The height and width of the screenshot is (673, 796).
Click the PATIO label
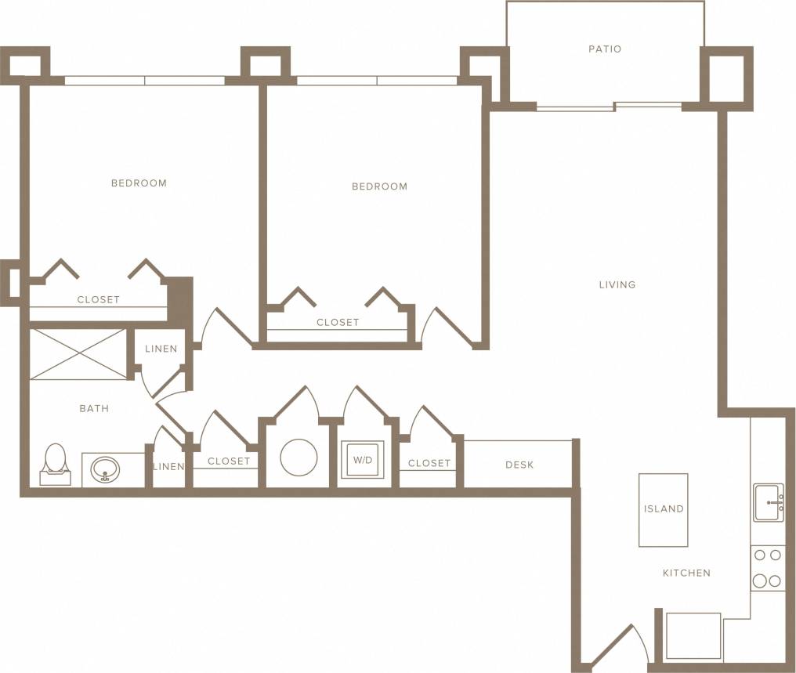[x=604, y=49]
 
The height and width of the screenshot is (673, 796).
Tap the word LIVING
[x=617, y=284]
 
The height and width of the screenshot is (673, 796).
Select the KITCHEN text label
[x=686, y=573]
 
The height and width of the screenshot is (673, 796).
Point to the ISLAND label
[x=664, y=509]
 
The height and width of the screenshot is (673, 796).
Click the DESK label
[x=519, y=465]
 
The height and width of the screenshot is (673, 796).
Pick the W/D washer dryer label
[x=363, y=460]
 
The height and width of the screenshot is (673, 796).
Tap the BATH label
[x=94, y=408]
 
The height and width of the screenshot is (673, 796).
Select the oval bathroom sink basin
[x=105, y=470]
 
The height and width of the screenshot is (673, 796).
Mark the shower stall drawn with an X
[x=78, y=354]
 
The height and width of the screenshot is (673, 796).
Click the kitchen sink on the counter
[x=767, y=502]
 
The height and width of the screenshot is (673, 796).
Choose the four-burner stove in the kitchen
[x=767, y=568]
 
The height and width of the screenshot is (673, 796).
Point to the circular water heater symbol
[x=298, y=458]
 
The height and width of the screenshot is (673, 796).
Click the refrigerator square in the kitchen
[x=693, y=635]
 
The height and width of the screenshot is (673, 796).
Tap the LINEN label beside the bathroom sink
[x=168, y=466]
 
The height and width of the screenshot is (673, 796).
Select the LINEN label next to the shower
[x=161, y=349]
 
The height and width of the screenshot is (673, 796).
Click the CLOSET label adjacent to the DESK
[x=429, y=463]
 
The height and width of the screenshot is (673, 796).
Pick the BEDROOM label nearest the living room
[x=379, y=186]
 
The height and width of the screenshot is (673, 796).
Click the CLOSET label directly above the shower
[x=98, y=299]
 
